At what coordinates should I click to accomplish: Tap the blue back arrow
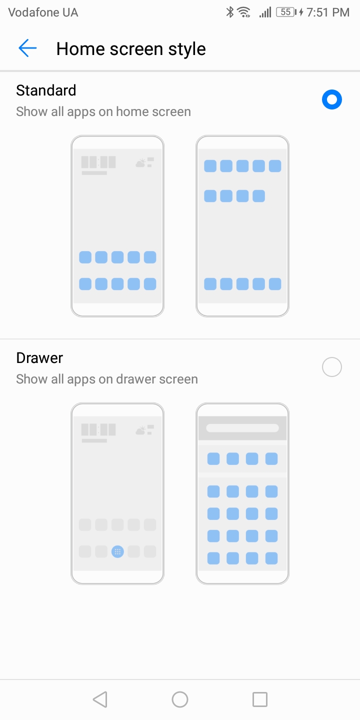pos(27,48)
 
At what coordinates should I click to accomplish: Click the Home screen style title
pos(131,49)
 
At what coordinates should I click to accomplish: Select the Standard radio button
pos(331,99)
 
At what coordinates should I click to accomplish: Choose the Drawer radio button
pos(331,367)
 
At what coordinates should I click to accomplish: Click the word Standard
pos(46,90)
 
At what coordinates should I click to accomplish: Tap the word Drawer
pos(39,358)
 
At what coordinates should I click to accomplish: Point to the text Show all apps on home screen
pos(103,112)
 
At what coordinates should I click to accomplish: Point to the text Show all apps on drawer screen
pos(107,379)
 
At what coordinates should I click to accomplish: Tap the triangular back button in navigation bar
pos(100,699)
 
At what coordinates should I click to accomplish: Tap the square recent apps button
pos(259,699)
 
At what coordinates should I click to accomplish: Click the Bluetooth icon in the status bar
pos(229,12)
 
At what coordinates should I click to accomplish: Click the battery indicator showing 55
pos(286,12)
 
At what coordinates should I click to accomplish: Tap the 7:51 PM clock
pos(328,12)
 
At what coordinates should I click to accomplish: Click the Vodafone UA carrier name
pos(43,12)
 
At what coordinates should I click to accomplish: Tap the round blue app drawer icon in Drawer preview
pos(117,552)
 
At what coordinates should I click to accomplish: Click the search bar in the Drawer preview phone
pos(242,428)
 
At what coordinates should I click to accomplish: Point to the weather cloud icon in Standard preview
pos(141,163)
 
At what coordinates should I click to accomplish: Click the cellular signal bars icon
pos(265,12)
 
